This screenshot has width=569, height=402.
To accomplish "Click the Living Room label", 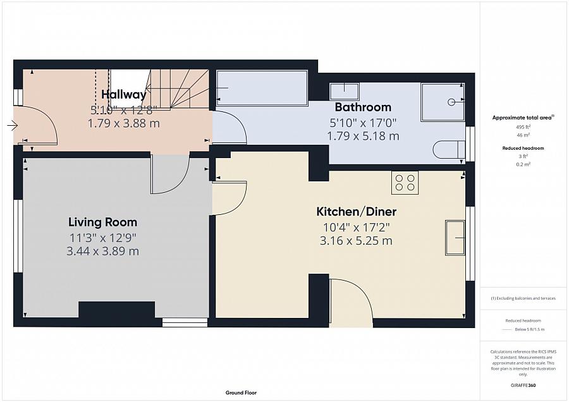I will pos(102,222).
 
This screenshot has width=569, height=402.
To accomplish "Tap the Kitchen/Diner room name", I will pos(356,212).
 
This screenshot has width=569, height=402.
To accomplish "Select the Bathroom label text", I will pos(363,107).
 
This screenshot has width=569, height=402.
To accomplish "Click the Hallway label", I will pos(124,95).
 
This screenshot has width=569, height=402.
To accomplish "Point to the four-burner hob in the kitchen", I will pos(405,182).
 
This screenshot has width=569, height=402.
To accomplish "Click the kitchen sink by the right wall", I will pos(455,238).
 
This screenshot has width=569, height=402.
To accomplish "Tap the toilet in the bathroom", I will pos(448,150).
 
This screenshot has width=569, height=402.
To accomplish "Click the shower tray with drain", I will pos(443,101).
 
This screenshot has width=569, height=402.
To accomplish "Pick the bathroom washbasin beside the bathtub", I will pos(344,91).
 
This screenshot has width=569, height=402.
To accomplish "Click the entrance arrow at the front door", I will pos(13,126).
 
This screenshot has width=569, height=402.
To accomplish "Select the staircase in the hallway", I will pos(168,88).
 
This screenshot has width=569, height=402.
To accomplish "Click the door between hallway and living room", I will pos(169,176).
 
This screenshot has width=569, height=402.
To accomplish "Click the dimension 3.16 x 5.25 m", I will pos(356,241).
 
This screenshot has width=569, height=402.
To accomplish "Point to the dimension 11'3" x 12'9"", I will pos(102,238).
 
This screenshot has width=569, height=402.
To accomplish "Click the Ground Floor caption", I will pos(242,393).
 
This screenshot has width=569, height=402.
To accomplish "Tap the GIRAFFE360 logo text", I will pos(523,385).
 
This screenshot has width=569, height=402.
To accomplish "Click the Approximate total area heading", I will pos(523,118).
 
